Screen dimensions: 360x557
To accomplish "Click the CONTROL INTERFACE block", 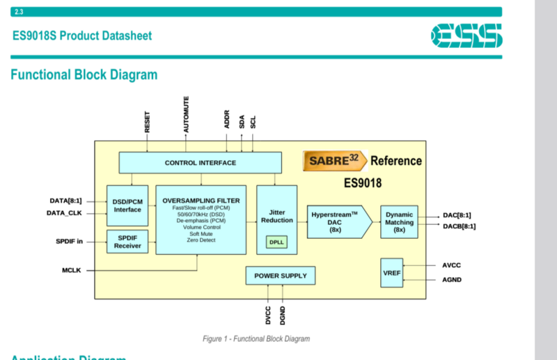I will (200, 163).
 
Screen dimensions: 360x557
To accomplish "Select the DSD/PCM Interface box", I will (127, 205).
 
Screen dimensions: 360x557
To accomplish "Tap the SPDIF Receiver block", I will (127, 241).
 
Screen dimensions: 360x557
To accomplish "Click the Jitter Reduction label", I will (276, 216).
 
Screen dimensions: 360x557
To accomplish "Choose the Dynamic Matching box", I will (399, 222).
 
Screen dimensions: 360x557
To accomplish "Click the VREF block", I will (391, 272).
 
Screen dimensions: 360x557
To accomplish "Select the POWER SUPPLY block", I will (280, 276).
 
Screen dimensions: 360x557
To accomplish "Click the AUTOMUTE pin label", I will (186, 114).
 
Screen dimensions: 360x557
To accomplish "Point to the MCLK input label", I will (72, 270).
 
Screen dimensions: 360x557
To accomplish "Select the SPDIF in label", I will (69, 241).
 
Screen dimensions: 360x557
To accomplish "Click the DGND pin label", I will (283, 315).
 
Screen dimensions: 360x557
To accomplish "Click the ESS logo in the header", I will (466, 35).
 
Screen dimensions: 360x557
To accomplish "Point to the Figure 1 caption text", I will (256, 338).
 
